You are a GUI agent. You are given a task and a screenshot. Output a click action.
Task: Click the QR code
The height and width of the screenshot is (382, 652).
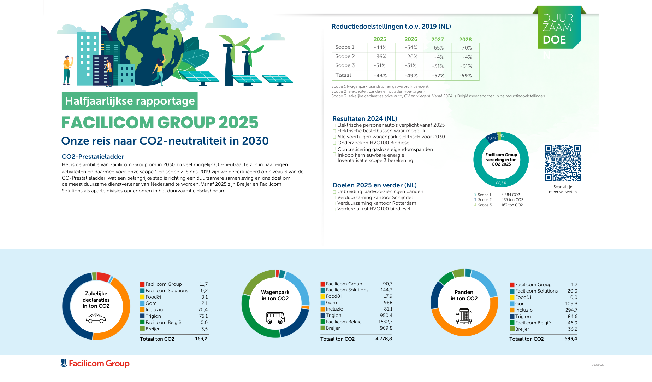[563, 163]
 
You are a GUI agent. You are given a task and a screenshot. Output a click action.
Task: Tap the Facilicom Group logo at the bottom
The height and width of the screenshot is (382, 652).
[95, 364]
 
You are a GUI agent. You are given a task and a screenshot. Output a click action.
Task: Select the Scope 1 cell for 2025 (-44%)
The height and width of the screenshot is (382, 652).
[380, 47]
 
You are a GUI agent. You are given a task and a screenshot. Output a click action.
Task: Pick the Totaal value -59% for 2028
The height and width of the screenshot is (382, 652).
[465, 76]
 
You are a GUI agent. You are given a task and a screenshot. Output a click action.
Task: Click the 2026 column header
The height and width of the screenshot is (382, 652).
[411, 39]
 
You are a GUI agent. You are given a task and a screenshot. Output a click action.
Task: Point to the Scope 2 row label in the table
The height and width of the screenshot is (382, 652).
[345, 56]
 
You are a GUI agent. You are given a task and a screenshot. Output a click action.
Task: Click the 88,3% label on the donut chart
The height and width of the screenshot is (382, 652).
[501, 183]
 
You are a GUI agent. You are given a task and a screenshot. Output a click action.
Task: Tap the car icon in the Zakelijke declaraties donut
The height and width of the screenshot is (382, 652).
[96, 319]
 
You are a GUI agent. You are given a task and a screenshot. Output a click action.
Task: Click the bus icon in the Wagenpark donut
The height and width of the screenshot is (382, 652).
[275, 317]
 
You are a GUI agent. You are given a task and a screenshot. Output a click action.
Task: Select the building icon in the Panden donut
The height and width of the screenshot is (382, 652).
[464, 316]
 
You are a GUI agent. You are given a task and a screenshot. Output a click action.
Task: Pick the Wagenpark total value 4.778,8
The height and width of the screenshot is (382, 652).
[384, 338]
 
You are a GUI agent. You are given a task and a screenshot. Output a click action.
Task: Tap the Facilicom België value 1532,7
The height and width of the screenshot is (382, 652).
[385, 322]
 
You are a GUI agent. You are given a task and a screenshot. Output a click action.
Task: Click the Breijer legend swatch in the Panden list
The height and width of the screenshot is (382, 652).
[512, 329]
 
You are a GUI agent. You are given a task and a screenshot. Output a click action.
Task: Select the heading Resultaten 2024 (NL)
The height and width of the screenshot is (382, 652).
[365, 119]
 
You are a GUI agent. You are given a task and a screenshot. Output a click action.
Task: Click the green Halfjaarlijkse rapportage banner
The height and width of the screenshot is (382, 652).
[130, 101]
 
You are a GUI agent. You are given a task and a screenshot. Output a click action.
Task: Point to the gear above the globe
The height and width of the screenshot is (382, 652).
[179, 17]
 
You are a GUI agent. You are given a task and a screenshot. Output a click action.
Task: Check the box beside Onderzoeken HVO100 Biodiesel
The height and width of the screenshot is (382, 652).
[334, 143]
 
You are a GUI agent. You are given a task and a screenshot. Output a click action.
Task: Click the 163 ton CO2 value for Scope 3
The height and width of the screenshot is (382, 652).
[512, 205]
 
